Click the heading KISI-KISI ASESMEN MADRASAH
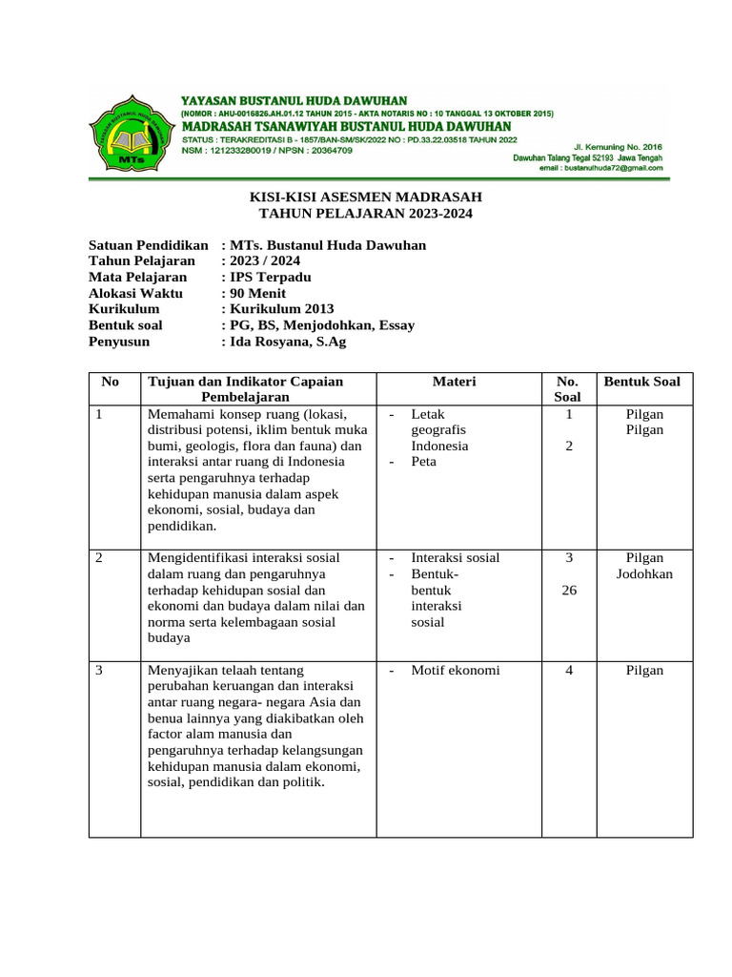point(366,197)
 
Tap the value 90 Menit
point(256,293)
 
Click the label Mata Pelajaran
point(137,277)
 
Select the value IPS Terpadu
point(270,277)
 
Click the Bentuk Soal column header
point(642,382)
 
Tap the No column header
point(110,382)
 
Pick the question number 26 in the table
point(568,590)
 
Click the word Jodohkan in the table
point(644,573)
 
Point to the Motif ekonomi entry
point(455,670)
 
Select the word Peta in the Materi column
point(424,461)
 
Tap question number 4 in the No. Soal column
point(568,670)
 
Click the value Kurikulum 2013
point(281,309)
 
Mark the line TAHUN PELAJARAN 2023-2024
point(366,213)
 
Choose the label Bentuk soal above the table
point(126,325)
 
